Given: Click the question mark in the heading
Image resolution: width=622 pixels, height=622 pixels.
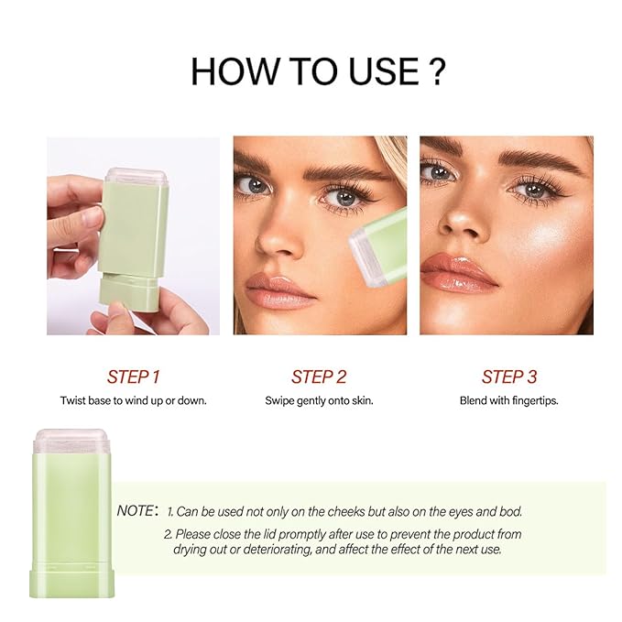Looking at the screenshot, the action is [x=437, y=71].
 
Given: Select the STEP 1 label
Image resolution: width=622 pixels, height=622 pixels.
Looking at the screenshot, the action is [x=134, y=376].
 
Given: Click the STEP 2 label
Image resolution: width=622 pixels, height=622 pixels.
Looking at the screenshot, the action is [x=319, y=376].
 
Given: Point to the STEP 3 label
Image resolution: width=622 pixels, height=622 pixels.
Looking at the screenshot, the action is [x=509, y=376].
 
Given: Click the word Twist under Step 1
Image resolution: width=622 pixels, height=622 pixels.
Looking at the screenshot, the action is [x=73, y=400].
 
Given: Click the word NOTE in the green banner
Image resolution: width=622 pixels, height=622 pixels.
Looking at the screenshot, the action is [x=136, y=511].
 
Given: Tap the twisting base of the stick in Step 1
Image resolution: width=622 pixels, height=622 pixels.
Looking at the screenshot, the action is [x=129, y=292].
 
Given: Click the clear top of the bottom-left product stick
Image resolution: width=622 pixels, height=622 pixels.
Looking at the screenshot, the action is [x=71, y=442].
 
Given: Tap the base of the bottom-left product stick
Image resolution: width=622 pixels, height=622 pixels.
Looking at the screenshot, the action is [x=71, y=584].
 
